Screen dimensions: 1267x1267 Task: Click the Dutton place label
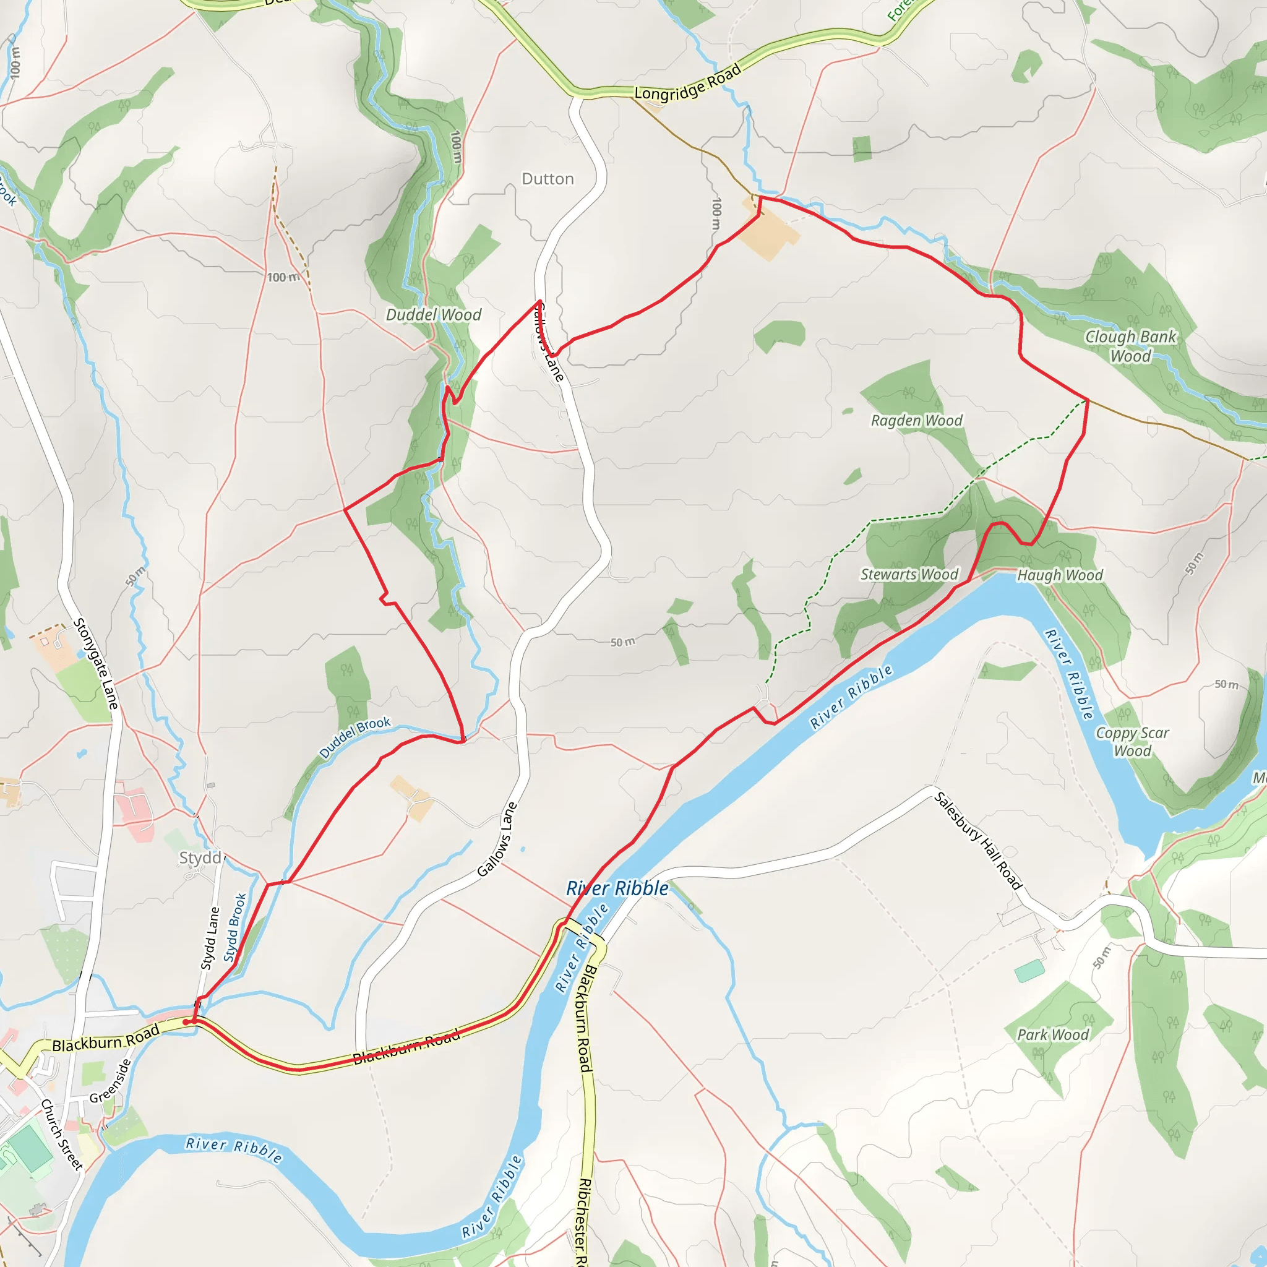(548, 178)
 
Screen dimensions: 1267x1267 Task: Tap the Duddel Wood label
(433, 315)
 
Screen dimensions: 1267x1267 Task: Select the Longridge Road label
(687, 83)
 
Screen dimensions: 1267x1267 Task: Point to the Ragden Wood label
(916, 420)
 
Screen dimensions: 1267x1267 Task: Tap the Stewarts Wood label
(909, 575)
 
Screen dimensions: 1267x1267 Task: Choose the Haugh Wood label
(1060, 575)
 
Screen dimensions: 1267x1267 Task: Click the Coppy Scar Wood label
(1133, 742)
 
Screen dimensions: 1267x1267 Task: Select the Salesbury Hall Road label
(978, 841)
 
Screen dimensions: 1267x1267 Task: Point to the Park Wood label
(1052, 1034)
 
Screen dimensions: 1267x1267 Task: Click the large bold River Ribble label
(617, 888)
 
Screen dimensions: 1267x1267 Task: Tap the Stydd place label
(200, 858)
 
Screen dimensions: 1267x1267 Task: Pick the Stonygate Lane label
(96, 663)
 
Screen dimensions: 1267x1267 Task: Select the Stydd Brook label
(234, 927)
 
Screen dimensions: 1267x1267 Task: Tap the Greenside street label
(110, 1081)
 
